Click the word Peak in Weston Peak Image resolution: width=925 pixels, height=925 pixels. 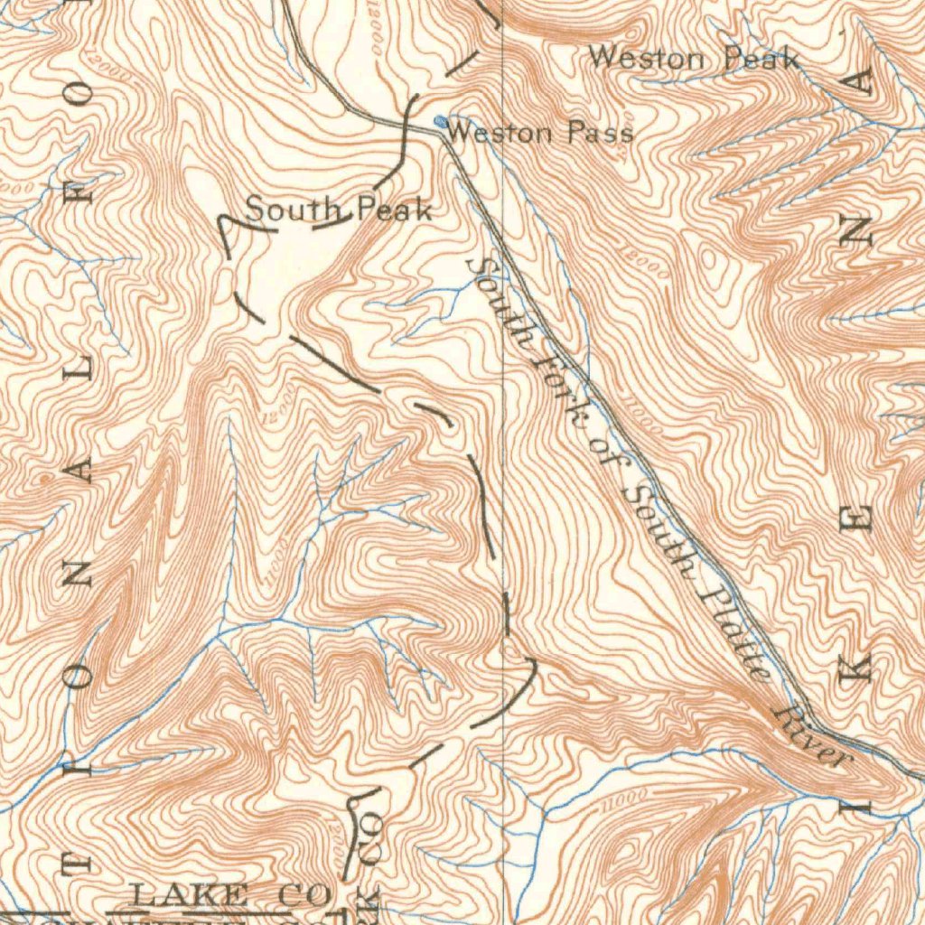[x=761, y=61]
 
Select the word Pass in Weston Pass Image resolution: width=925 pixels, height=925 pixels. [x=600, y=134]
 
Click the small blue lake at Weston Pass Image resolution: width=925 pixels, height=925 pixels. [x=440, y=120]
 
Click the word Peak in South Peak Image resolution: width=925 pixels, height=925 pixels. [x=395, y=210]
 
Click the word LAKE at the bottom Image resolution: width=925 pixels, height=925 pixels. [x=189, y=896]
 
